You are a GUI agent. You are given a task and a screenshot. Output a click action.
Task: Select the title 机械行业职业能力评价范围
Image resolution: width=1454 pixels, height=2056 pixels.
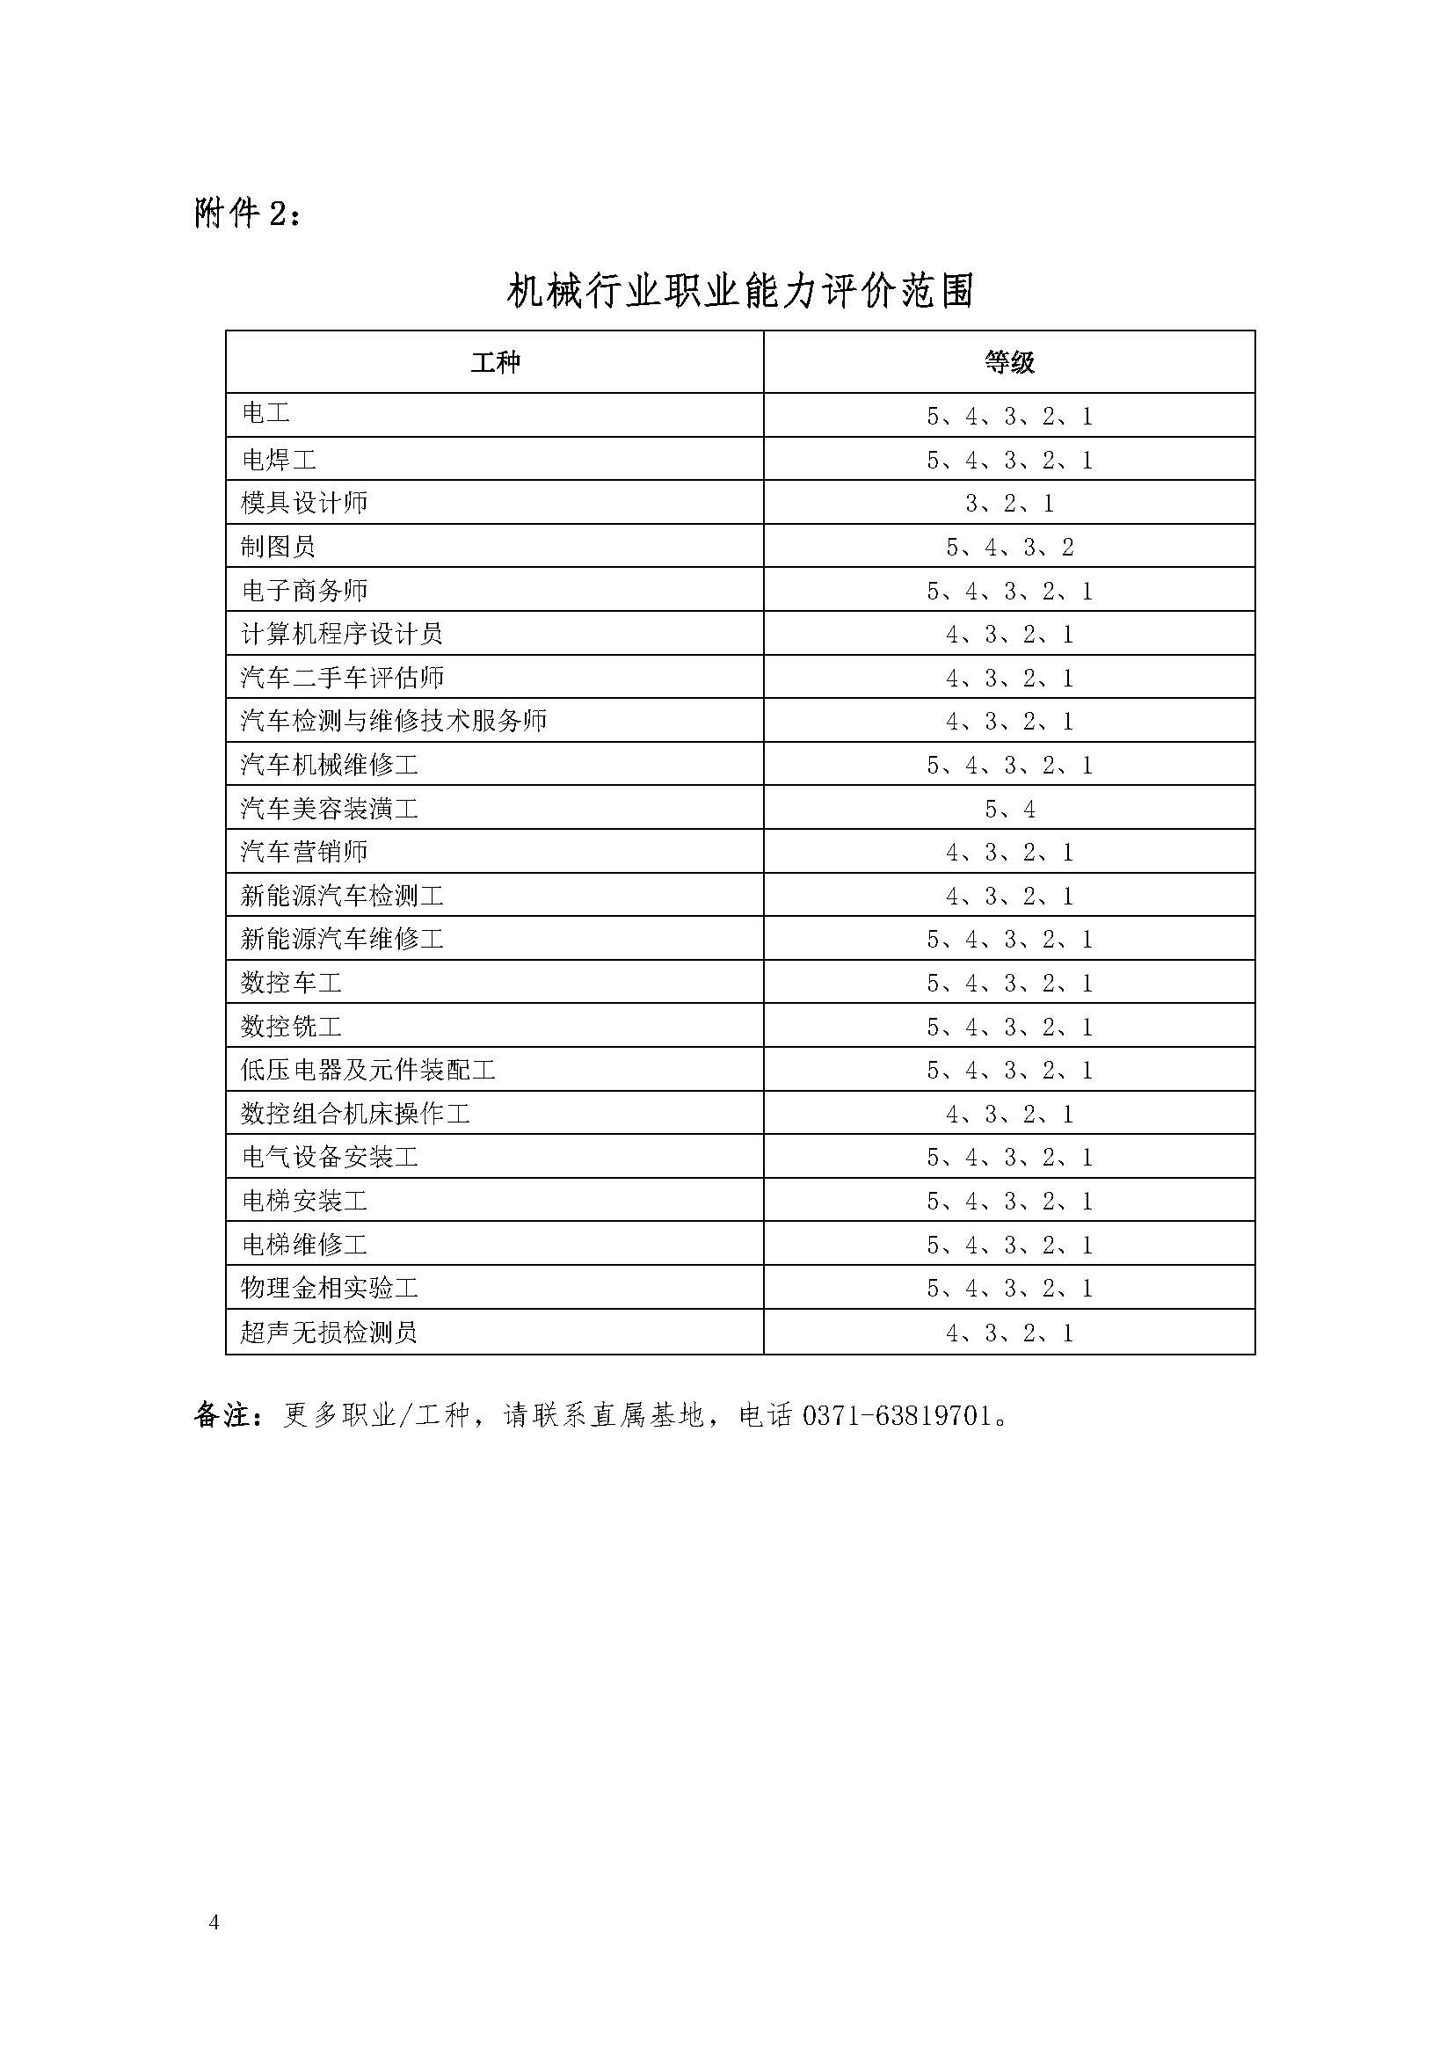pyautogui.click(x=739, y=291)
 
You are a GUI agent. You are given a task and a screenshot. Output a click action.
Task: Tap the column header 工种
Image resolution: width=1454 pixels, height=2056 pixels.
pyautogui.click(x=494, y=363)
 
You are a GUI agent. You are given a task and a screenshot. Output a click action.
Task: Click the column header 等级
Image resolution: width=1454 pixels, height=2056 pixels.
pyautogui.click(x=1009, y=363)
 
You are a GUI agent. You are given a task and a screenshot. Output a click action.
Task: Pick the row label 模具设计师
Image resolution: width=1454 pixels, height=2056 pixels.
pyautogui.click(x=304, y=504)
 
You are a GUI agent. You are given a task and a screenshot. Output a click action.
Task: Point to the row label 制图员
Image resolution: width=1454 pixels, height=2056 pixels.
pyautogui.click(x=279, y=546)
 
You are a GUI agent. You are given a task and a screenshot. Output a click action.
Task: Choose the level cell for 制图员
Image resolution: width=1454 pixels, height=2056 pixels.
pyautogui.click(x=1009, y=547)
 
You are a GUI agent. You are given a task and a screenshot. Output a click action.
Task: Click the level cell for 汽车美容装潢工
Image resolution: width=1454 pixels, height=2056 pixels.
pyautogui.click(x=1009, y=810)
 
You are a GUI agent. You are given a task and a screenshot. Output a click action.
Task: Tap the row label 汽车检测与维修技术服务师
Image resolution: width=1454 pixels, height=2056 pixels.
pyautogui.click(x=394, y=721)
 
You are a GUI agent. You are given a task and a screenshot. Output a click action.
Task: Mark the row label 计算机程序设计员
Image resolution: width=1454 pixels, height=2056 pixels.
pyautogui.click(x=342, y=634)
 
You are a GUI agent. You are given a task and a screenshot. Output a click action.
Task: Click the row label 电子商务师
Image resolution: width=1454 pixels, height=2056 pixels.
pyautogui.click(x=304, y=591)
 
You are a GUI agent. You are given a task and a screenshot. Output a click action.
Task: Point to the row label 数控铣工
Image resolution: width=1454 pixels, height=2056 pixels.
pyautogui.click(x=291, y=1026)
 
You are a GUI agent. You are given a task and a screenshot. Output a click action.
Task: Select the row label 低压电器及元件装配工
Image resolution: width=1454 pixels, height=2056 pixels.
pyautogui.click(x=368, y=1070)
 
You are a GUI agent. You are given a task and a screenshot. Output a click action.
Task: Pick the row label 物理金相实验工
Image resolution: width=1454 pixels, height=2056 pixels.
pyautogui.click(x=330, y=1289)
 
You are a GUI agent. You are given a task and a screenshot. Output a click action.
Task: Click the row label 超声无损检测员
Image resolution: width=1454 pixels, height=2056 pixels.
pyautogui.click(x=330, y=1333)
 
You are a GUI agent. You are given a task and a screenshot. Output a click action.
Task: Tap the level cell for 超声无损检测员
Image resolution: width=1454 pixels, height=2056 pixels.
pyautogui.click(x=1009, y=1333)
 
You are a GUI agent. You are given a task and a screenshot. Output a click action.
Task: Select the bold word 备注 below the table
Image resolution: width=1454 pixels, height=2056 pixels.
pyautogui.click(x=221, y=1416)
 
